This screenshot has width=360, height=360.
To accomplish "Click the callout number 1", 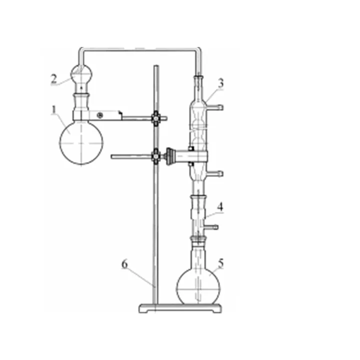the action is (x=53, y=110).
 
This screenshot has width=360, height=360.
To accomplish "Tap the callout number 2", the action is (x=53, y=79).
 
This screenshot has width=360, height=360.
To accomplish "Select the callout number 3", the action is (x=220, y=83).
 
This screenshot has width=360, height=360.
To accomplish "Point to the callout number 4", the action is (x=220, y=207).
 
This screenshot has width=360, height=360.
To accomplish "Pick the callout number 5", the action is (x=220, y=263).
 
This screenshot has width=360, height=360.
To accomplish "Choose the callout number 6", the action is (x=124, y=264).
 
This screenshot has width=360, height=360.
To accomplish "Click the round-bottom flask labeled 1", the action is (x=81, y=143).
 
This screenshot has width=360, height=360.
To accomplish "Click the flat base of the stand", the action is (x=180, y=308).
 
